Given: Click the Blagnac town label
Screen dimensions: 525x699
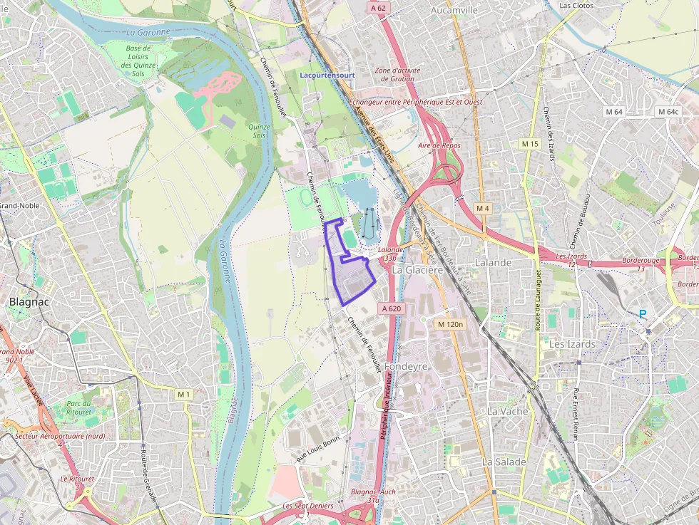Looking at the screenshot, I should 28,301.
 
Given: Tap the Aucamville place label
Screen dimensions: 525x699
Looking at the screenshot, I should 454,11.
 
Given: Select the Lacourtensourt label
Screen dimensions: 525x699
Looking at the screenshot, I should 327,74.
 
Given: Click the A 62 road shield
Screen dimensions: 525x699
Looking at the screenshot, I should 378,9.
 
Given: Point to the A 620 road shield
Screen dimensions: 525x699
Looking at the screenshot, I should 392,308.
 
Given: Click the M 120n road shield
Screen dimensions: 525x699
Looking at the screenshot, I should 450,324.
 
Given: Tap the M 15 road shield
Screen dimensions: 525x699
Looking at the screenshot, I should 530,144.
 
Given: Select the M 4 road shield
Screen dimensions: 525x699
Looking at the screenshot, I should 483,208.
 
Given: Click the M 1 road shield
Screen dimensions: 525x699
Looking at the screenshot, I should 184,394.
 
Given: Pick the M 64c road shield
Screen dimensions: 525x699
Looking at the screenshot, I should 668,112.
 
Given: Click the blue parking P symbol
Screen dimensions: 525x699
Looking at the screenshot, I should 643,313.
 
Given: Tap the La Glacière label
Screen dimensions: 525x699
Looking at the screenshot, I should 418,270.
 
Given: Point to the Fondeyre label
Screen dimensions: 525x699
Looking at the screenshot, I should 406,366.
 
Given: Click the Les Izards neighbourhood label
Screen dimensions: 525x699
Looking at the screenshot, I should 572,344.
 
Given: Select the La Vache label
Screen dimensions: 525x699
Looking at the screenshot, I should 508,411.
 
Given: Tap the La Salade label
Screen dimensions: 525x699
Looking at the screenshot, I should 504,462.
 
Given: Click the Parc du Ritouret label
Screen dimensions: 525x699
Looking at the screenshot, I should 78,407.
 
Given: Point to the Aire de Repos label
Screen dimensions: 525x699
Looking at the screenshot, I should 439,145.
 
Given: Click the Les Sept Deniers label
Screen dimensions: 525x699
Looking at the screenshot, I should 308,506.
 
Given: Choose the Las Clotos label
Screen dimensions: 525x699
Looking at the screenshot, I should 576,5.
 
